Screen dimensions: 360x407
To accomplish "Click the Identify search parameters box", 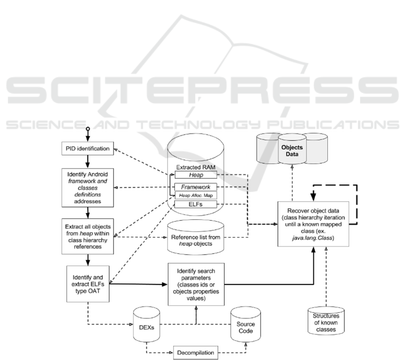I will click(196, 284).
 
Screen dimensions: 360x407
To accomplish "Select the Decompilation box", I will click(196, 352).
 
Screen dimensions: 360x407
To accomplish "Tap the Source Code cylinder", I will click(246, 327).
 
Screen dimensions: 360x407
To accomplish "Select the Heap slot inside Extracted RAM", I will click(196, 175).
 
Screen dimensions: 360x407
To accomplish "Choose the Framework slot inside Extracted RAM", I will click(196, 187).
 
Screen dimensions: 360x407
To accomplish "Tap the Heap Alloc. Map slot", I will click(196, 196).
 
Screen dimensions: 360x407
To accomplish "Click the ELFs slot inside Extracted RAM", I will click(196, 205).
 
